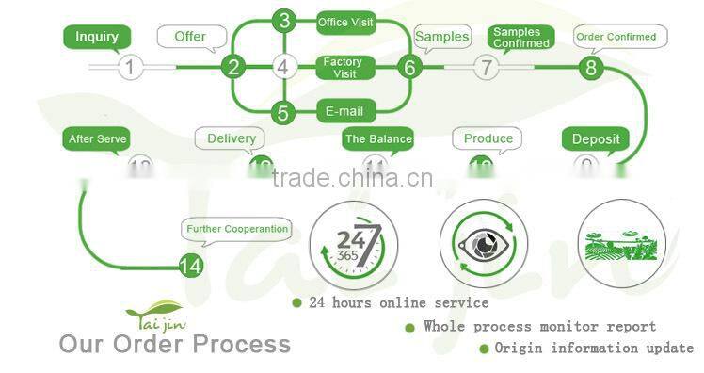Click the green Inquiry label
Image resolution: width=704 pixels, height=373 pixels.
[97, 37]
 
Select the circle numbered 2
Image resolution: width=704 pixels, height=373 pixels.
[233, 67]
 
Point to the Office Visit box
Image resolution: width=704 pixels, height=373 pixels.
[345, 22]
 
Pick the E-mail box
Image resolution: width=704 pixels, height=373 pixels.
[344, 111]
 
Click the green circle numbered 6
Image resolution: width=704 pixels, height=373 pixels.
[408, 67]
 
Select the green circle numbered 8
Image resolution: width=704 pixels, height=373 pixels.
[591, 67]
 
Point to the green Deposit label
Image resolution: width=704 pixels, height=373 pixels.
[597, 139]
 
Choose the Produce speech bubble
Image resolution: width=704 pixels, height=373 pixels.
[488, 138]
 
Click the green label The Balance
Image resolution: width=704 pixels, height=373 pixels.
[377, 139]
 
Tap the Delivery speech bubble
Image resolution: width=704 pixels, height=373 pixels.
[231, 138]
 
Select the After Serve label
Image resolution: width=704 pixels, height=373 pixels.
[97, 139]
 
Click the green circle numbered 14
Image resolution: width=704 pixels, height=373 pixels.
[190, 267]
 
